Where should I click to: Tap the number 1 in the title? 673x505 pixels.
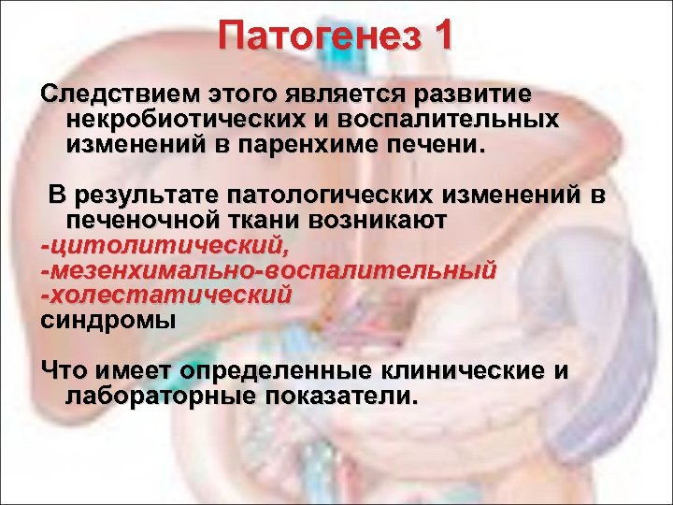pos(439,36)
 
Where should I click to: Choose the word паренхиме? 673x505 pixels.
pos(336,146)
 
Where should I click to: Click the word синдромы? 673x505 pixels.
pos(107,320)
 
